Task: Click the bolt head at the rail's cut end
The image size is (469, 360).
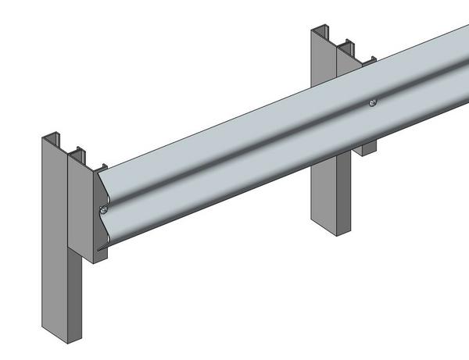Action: click(103, 209)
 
